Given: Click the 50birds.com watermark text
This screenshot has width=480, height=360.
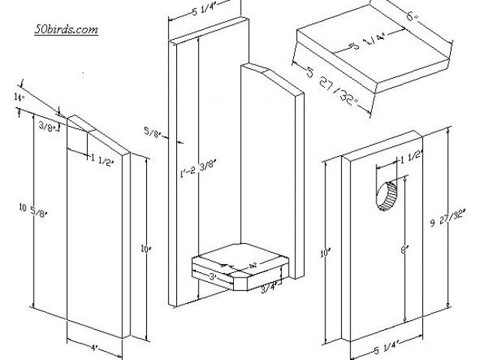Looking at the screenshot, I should point(67,30).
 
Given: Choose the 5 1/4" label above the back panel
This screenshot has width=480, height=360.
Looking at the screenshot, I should point(196,10).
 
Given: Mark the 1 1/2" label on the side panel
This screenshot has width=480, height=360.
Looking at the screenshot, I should point(104,158).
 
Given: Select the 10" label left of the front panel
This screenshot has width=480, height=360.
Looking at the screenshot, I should point(325,254).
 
